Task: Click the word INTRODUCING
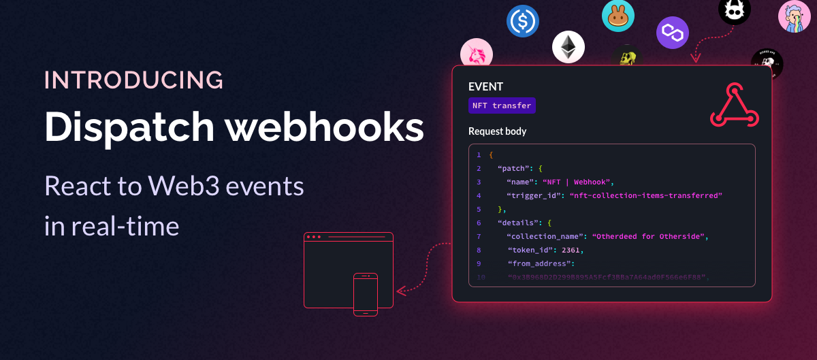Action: point(134,80)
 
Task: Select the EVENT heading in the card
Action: point(485,87)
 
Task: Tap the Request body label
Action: point(497,131)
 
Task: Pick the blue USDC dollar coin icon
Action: point(523,21)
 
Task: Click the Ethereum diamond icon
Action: point(568,48)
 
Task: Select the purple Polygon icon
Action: point(673,33)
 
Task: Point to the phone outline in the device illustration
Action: point(366,294)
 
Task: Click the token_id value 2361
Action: point(573,250)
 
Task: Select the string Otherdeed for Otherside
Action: point(651,236)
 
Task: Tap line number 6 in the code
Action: point(479,223)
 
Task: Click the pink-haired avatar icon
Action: point(795,18)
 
